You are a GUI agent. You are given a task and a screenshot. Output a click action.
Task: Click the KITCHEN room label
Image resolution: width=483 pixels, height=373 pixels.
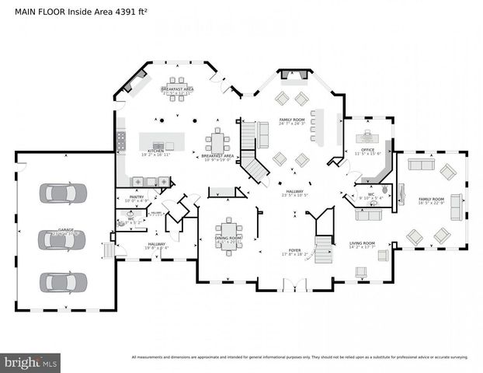(156, 152)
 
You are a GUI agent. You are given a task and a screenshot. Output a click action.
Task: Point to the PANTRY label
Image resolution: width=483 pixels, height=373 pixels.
(137, 197)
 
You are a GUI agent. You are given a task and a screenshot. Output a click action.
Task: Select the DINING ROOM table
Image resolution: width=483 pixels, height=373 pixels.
(229, 228)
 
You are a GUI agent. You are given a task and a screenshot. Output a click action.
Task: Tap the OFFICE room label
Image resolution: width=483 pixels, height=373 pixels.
(367, 150)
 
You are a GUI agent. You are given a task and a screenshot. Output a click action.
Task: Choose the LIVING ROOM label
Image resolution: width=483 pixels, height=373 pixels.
(363, 244)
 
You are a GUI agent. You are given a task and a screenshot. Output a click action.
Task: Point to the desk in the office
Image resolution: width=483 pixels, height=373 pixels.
(367, 137)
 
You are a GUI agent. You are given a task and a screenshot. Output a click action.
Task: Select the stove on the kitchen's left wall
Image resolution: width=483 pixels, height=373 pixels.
(121, 140)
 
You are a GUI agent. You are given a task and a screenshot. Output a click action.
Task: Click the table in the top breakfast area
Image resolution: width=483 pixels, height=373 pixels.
(178, 82)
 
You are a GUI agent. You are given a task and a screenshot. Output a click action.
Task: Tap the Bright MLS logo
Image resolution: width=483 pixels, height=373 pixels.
(31, 362)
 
